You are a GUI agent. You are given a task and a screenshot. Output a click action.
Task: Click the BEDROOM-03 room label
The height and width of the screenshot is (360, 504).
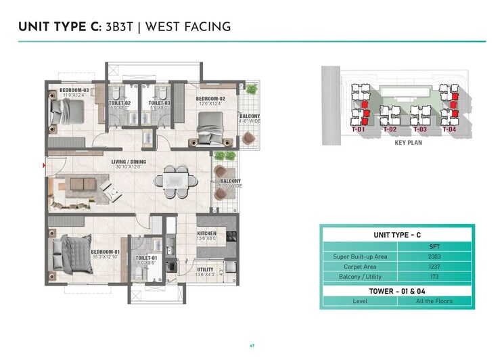point(74,89)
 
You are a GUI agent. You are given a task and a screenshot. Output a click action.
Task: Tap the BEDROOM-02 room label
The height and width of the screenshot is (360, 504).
point(210,99)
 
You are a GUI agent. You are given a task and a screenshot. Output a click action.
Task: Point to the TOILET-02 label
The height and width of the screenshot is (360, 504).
point(119,103)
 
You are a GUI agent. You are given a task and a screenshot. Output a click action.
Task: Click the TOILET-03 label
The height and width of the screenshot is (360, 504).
point(159,103)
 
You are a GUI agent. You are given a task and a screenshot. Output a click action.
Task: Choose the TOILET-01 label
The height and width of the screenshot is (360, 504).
point(146,258)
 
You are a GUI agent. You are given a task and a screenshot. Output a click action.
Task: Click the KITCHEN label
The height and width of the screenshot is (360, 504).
point(206,233)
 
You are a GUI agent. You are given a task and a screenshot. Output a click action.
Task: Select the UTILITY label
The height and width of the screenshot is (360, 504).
point(205,270)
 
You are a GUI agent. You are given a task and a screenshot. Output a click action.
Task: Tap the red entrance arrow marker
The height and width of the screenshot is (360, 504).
point(45,164)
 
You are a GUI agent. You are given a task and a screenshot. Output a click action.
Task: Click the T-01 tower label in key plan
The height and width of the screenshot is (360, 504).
point(359,129)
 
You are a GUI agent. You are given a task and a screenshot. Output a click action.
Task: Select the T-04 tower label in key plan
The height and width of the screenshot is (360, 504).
point(449,129)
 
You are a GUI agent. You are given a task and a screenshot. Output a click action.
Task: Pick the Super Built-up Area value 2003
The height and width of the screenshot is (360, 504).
point(434,256)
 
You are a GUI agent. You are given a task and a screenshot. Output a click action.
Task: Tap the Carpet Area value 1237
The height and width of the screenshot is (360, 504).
point(434,267)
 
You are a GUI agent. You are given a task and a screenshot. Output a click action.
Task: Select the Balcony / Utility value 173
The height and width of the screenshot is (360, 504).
point(434,277)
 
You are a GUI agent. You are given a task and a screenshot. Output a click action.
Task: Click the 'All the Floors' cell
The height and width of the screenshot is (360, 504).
point(434,300)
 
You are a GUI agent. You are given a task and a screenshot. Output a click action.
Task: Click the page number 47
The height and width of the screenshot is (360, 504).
point(252,346)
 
